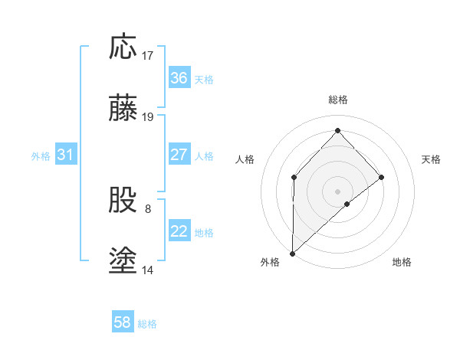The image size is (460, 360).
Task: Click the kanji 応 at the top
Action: point(123,47)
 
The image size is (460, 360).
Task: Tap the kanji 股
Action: point(123,201)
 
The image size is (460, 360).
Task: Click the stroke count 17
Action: point(147,56)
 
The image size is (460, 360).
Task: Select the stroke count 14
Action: point(147,270)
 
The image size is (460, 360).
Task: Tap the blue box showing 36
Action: point(179,78)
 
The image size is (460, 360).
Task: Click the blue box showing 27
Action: point(179,155)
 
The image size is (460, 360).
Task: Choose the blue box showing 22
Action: point(179,231)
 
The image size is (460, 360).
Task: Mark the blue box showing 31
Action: point(66,155)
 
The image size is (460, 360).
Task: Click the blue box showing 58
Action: point(123,322)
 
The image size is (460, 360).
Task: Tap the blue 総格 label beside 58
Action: point(148,324)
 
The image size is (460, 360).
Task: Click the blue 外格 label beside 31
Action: point(41,156)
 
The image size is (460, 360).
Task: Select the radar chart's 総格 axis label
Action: point(338,100)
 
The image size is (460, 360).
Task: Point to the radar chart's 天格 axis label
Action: point(431,159)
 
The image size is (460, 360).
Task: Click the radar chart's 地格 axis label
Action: point(402,263)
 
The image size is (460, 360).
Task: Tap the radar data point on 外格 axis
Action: point(292,253)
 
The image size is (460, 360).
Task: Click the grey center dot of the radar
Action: point(338,191)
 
